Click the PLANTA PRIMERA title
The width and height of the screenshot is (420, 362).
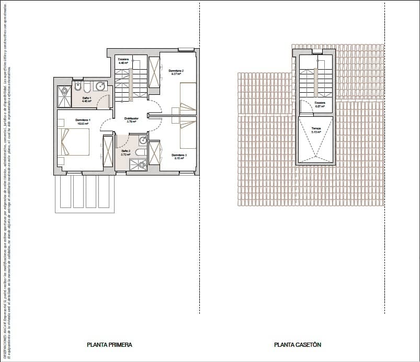tap(109, 345)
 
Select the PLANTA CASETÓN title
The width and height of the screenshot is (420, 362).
tap(298, 345)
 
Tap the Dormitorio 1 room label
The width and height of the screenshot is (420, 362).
tap(83, 122)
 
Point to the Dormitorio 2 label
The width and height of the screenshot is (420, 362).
tap(176, 72)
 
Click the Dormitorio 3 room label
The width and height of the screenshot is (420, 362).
tap(179, 156)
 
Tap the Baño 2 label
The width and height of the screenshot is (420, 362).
tap(125, 152)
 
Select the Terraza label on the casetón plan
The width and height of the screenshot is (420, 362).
tap(316, 129)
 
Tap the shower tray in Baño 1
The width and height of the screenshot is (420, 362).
tap(64, 96)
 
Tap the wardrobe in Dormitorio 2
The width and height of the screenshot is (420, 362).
tap(155, 72)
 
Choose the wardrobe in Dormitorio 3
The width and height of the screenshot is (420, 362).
tap(154, 153)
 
